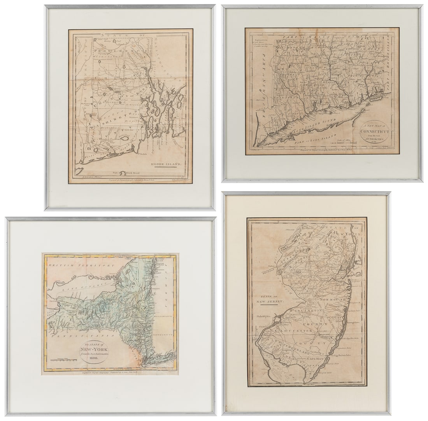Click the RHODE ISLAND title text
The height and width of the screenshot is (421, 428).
(x=166, y=164)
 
